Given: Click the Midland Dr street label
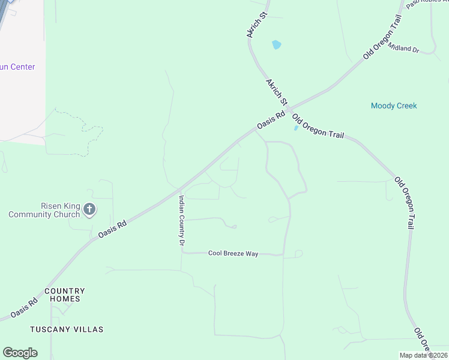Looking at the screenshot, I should click(403, 47).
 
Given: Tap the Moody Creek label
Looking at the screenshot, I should click(394, 106).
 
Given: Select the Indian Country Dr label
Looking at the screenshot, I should click(180, 220).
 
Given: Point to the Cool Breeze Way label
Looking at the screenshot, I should click(233, 254).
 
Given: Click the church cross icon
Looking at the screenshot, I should click(89, 209).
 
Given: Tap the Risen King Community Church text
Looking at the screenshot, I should click(44, 210).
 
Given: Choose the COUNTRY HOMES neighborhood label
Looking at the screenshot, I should click(65, 295).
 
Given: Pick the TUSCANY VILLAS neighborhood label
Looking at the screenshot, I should click(67, 329).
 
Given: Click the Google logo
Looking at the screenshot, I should click(20, 353).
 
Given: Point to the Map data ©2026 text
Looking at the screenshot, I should click(423, 355).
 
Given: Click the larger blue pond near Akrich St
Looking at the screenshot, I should click(276, 44).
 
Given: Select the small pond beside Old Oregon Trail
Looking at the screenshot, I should click(295, 128).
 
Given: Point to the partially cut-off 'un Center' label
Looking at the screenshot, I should click(17, 67).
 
